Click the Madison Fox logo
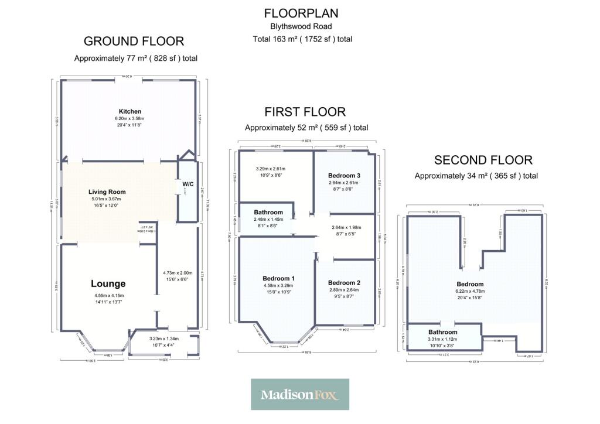(300, 394)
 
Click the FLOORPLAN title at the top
(301, 13)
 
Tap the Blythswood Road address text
(301, 26)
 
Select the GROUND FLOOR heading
(134, 41)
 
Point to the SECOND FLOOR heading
(483, 160)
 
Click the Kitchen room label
(130, 111)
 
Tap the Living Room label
(107, 192)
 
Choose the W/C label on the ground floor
(188, 184)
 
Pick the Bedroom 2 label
(345, 282)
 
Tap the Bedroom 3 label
(345, 176)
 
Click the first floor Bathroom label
(268, 212)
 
